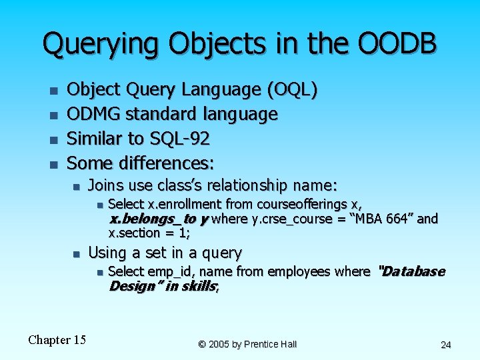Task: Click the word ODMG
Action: click(x=93, y=114)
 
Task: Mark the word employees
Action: click(x=303, y=271)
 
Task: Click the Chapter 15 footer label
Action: click(x=57, y=340)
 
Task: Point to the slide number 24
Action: click(x=446, y=345)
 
